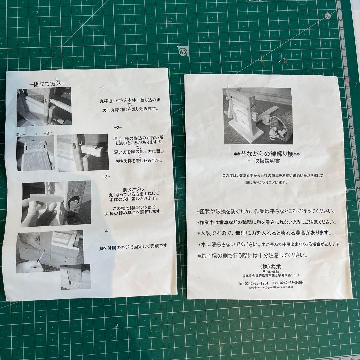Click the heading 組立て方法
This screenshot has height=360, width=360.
point(48,84)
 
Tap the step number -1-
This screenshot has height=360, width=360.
point(103,87)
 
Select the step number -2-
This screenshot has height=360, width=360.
point(118,127)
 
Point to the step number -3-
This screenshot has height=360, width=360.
point(106,177)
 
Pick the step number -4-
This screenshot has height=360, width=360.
point(106,231)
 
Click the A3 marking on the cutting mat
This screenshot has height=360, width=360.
point(183,52)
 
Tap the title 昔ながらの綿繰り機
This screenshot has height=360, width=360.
point(267,154)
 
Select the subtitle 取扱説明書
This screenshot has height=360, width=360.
point(267,161)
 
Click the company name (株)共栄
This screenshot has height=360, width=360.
point(270,267)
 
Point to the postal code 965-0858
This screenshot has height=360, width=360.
point(271,272)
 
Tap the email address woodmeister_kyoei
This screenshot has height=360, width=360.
point(271,287)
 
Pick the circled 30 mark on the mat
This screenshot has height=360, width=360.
point(328,16)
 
